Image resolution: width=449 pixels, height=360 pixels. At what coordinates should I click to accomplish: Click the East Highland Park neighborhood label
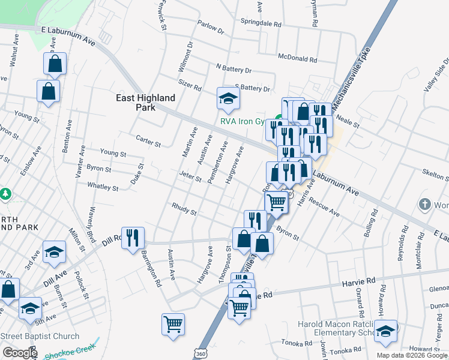tap(146, 103)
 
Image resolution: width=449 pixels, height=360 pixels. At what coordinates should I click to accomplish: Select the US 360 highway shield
tap(200, 353)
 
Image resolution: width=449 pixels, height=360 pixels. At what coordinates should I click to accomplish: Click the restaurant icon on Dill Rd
tap(133, 238)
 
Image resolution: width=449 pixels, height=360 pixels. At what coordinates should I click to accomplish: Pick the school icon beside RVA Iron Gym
tap(228, 98)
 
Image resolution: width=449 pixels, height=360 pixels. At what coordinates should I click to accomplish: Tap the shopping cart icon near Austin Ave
tap(173, 324)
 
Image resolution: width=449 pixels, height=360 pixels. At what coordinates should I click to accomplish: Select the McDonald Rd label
tap(297, 59)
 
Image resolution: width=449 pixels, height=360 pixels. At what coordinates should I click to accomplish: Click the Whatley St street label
tap(103, 187)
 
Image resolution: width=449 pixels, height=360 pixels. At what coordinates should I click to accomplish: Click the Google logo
tap(20, 353)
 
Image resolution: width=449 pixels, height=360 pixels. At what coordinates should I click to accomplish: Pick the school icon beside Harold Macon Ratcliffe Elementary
tap(386, 331)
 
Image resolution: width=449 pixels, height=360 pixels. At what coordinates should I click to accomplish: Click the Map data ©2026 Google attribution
tap(412, 355)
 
